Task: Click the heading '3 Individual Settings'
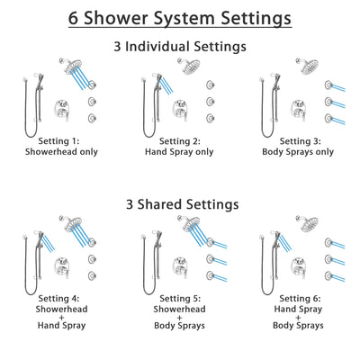tap(180, 45)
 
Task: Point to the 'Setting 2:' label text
tap(180, 142)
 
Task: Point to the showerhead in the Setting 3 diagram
tap(309, 65)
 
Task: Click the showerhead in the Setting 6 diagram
tap(309, 223)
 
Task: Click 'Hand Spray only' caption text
tap(180, 153)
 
